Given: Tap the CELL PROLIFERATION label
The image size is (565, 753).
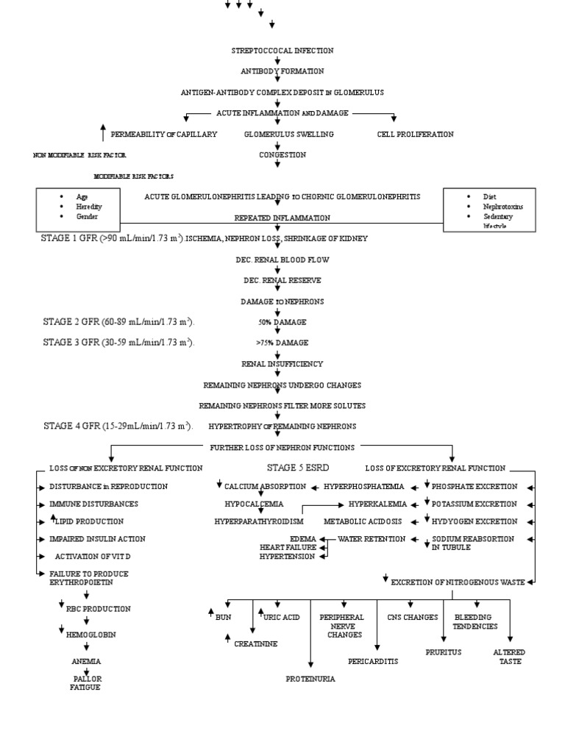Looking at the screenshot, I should pos(415,135).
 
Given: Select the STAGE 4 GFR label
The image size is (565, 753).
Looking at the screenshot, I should pos(118,426).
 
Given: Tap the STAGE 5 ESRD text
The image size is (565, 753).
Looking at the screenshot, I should pos(298,468).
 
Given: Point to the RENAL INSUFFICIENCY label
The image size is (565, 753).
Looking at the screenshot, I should pos(282,364).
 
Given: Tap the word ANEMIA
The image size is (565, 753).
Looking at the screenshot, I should pos(86,661).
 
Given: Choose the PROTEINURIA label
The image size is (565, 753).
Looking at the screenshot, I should pos(310,679).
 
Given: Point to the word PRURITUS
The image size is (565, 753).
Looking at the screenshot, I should pos(443,652).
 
